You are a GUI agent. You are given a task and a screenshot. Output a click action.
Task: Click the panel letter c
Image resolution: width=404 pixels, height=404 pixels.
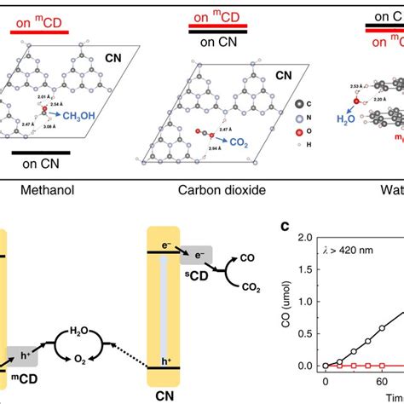click(287, 228)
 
